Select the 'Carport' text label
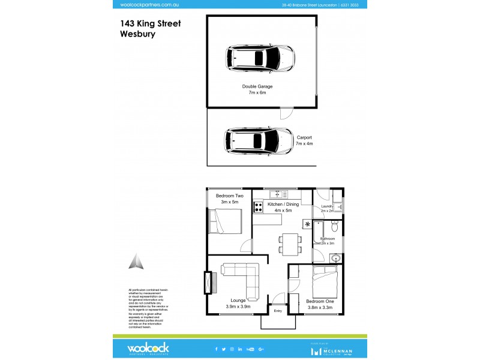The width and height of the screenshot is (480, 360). pyautogui.click(x=304, y=137)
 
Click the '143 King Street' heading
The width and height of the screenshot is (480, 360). pyautogui.click(x=150, y=23)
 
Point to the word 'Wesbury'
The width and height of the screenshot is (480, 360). pyautogui.click(x=138, y=34)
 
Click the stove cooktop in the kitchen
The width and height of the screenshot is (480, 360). pyautogui.click(x=259, y=207)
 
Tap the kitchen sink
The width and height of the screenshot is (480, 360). pyautogui.click(x=277, y=194)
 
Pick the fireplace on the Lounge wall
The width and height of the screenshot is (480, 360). pyautogui.click(x=209, y=283)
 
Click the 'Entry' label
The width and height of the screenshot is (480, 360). pyautogui.click(x=278, y=311)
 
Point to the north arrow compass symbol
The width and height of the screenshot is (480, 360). pyautogui.click(x=137, y=262)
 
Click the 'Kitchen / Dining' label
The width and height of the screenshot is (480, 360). pyautogui.click(x=283, y=205)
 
